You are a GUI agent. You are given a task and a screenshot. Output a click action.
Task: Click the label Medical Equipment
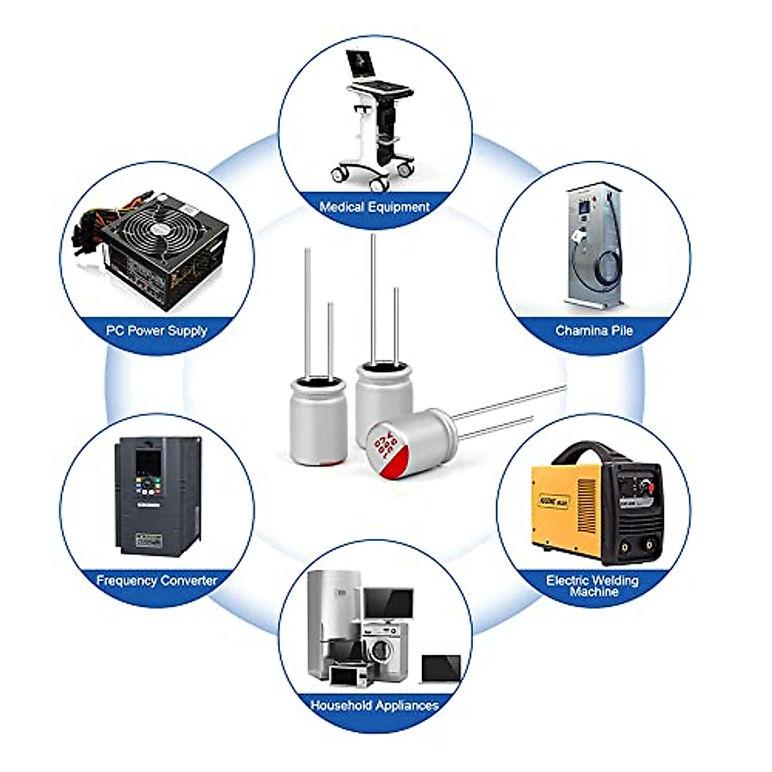click(x=374, y=207)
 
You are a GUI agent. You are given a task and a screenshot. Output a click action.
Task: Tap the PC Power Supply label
click(x=156, y=331)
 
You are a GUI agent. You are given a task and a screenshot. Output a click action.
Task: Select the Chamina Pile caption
click(x=594, y=331)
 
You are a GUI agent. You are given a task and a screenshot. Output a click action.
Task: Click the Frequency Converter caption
click(x=156, y=580)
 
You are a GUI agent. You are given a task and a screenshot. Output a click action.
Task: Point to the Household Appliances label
click(x=374, y=705)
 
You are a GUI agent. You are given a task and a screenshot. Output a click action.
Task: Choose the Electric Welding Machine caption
click(x=593, y=585)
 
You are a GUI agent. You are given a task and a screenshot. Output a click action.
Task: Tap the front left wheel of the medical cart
click(x=338, y=174)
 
